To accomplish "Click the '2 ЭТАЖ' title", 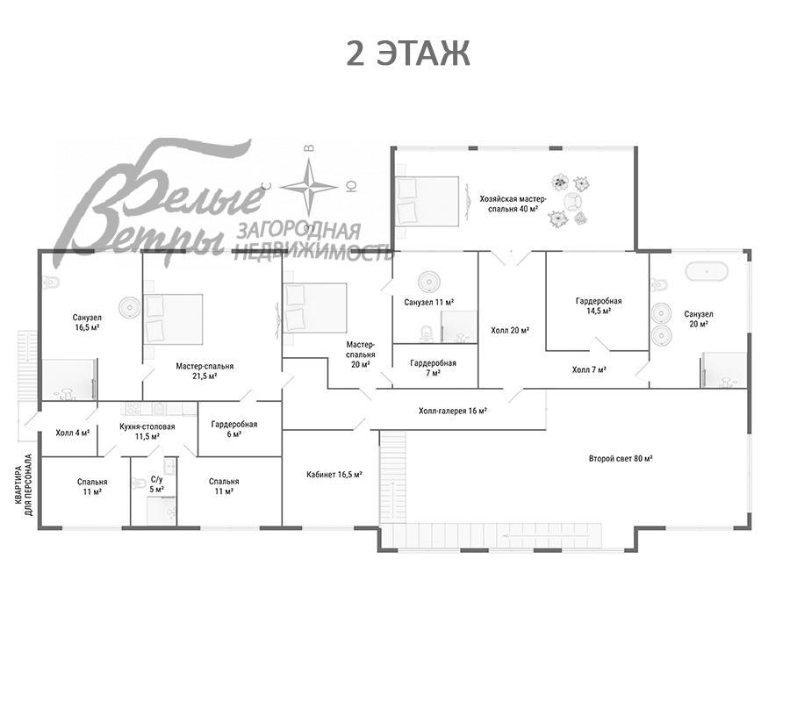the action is click(408, 54).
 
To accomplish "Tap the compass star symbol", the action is click(309, 187).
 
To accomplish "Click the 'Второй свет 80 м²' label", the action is click(621, 459).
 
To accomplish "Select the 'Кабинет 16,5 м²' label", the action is click(334, 475).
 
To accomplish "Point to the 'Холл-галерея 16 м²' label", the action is click(452, 411).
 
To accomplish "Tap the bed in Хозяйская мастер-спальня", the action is click(427, 201).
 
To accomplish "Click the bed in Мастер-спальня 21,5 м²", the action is click(173, 319).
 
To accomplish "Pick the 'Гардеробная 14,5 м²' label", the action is click(599, 305).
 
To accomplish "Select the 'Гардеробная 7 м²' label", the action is click(433, 368).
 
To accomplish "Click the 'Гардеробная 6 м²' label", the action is click(233, 429).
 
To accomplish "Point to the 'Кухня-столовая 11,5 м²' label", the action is click(147, 432).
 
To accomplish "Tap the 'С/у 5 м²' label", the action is click(157, 484).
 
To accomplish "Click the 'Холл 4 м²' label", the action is click(73, 432).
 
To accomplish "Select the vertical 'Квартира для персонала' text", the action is click(23, 485).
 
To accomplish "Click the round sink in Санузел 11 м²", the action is click(428, 281).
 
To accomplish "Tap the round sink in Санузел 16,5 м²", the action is click(130, 307).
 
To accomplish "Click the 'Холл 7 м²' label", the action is click(589, 369).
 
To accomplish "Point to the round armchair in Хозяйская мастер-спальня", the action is click(573, 202).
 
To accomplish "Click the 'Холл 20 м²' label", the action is click(510, 330).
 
